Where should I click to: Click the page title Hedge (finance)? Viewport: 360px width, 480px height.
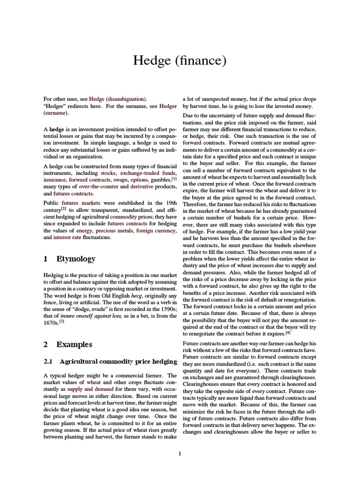pos(180,60)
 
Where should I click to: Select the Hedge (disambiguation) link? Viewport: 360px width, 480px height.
pos(123,99)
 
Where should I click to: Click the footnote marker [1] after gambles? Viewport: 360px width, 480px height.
pos(173,178)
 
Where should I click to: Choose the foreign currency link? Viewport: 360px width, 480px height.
pos(156,230)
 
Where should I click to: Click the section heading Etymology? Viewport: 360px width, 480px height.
pos(76,259)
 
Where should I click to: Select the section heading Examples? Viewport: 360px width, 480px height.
pos(75,344)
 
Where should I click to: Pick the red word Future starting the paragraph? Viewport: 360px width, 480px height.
pos(191,344)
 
